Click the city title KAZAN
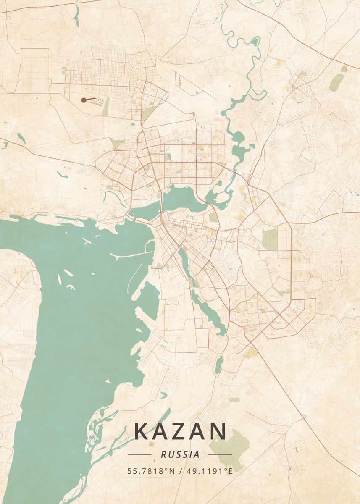click(180, 431)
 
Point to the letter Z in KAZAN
click(181, 431)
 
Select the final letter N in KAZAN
click(218, 431)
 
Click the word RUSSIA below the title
click(180, 454)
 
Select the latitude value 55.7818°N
click(151, 471)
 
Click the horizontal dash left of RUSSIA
click(139, 454)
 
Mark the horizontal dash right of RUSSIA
click(220, 454)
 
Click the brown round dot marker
click(84, 100)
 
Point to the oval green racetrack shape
click(336, 82)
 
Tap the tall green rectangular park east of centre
click(270, 239)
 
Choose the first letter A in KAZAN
click(161, 431)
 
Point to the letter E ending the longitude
click(230, 471)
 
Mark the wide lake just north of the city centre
click(181, 197)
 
